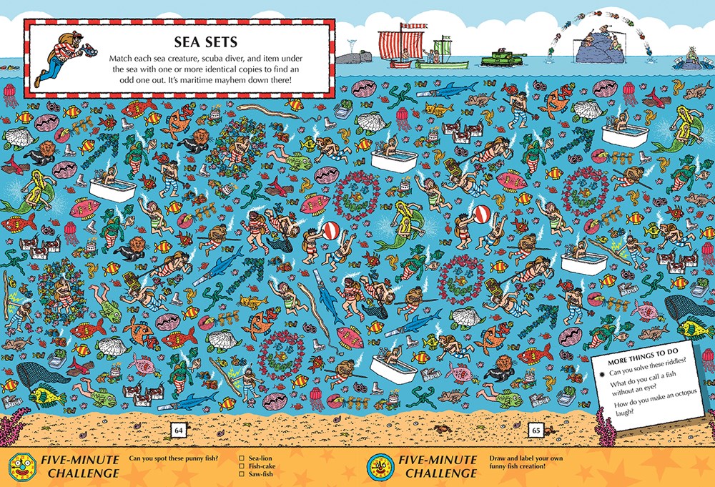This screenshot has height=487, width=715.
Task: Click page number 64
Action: [x=178, y=430]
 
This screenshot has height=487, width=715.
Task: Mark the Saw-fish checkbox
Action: [x=243, y=475]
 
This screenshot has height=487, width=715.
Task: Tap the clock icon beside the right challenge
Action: [x=379, y=466]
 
